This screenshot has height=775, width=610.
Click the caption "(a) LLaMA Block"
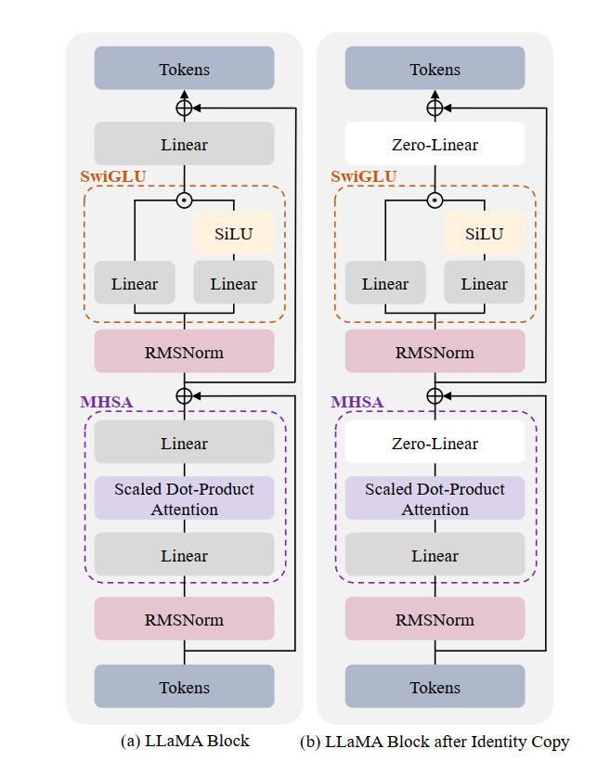click(184, 742)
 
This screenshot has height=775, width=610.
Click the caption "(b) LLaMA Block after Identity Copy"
click(435, 742)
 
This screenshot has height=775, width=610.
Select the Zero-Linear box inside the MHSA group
click(435, 443)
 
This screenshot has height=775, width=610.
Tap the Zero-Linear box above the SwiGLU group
click(435, 144)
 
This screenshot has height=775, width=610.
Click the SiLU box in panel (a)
click(233, 233)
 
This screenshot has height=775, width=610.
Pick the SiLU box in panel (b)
click(484, 233)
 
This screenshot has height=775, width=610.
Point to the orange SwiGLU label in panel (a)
click(112, 175)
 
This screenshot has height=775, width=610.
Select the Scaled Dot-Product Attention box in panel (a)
click(184, 498)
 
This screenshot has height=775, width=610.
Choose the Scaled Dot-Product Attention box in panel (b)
click(435, 498)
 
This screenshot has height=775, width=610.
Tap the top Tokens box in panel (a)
click(184, 69)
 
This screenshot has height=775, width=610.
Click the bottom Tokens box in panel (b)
click(435, 687)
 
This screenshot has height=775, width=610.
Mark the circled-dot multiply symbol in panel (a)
click(184, 200)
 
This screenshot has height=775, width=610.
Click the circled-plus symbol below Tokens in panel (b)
click(435, 108)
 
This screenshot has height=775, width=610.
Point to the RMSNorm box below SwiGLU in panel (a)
click(184, 352)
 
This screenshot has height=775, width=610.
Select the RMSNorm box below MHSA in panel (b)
click(435, 619)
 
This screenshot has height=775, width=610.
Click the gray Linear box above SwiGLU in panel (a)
click(184, 144)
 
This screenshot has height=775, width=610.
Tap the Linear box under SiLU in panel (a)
click(233, 283)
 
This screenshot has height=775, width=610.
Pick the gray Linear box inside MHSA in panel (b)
click(435, 555)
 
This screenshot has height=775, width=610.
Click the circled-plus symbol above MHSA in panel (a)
click(184, 395)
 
